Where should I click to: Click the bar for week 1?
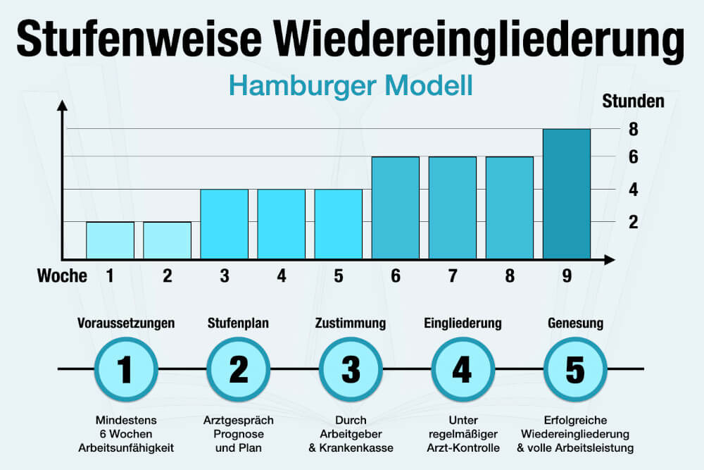111,240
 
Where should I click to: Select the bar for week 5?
339,224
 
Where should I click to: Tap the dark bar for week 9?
567,194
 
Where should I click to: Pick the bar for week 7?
453,208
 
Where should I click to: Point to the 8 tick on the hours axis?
634,129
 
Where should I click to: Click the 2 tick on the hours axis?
634,222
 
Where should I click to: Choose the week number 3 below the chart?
225,276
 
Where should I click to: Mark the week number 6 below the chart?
396,276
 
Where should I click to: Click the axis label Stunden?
633,101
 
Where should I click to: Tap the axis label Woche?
62,276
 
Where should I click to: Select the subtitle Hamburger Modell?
351,86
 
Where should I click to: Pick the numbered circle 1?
125,369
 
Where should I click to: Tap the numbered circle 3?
350,369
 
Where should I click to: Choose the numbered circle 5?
575,369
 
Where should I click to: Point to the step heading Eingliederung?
463,323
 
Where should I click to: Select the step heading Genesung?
575,323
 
